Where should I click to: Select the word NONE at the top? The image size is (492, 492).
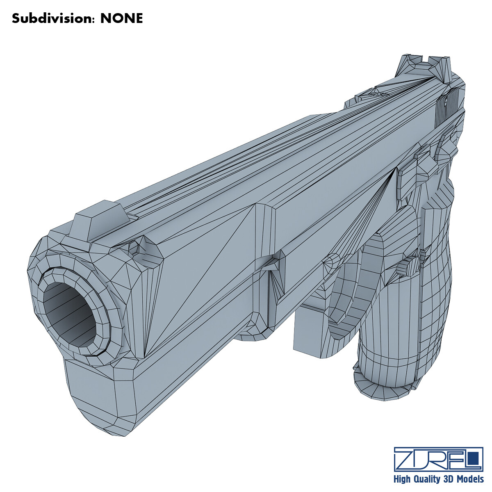tap(122, 18)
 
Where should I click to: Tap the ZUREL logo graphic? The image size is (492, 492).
tap(438, 459)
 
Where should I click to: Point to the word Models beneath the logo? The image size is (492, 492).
tap(469, 479)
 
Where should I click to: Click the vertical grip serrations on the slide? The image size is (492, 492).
tap(445, 105)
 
